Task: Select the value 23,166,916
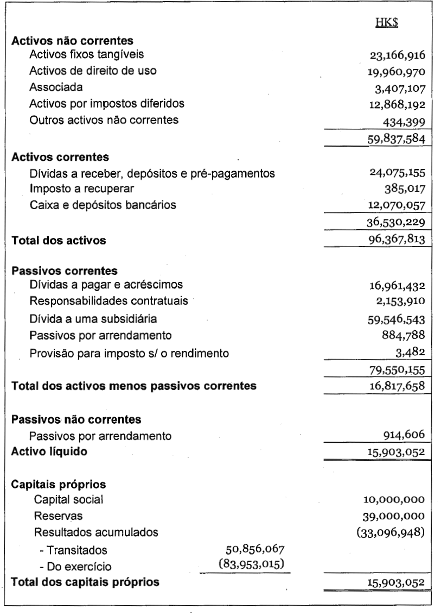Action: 393,55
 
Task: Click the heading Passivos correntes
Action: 65,271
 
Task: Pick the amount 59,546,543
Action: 393,320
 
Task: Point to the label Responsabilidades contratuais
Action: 101,301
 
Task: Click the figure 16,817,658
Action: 393,387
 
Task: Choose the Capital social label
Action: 68,499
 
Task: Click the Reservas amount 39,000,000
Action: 393,515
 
